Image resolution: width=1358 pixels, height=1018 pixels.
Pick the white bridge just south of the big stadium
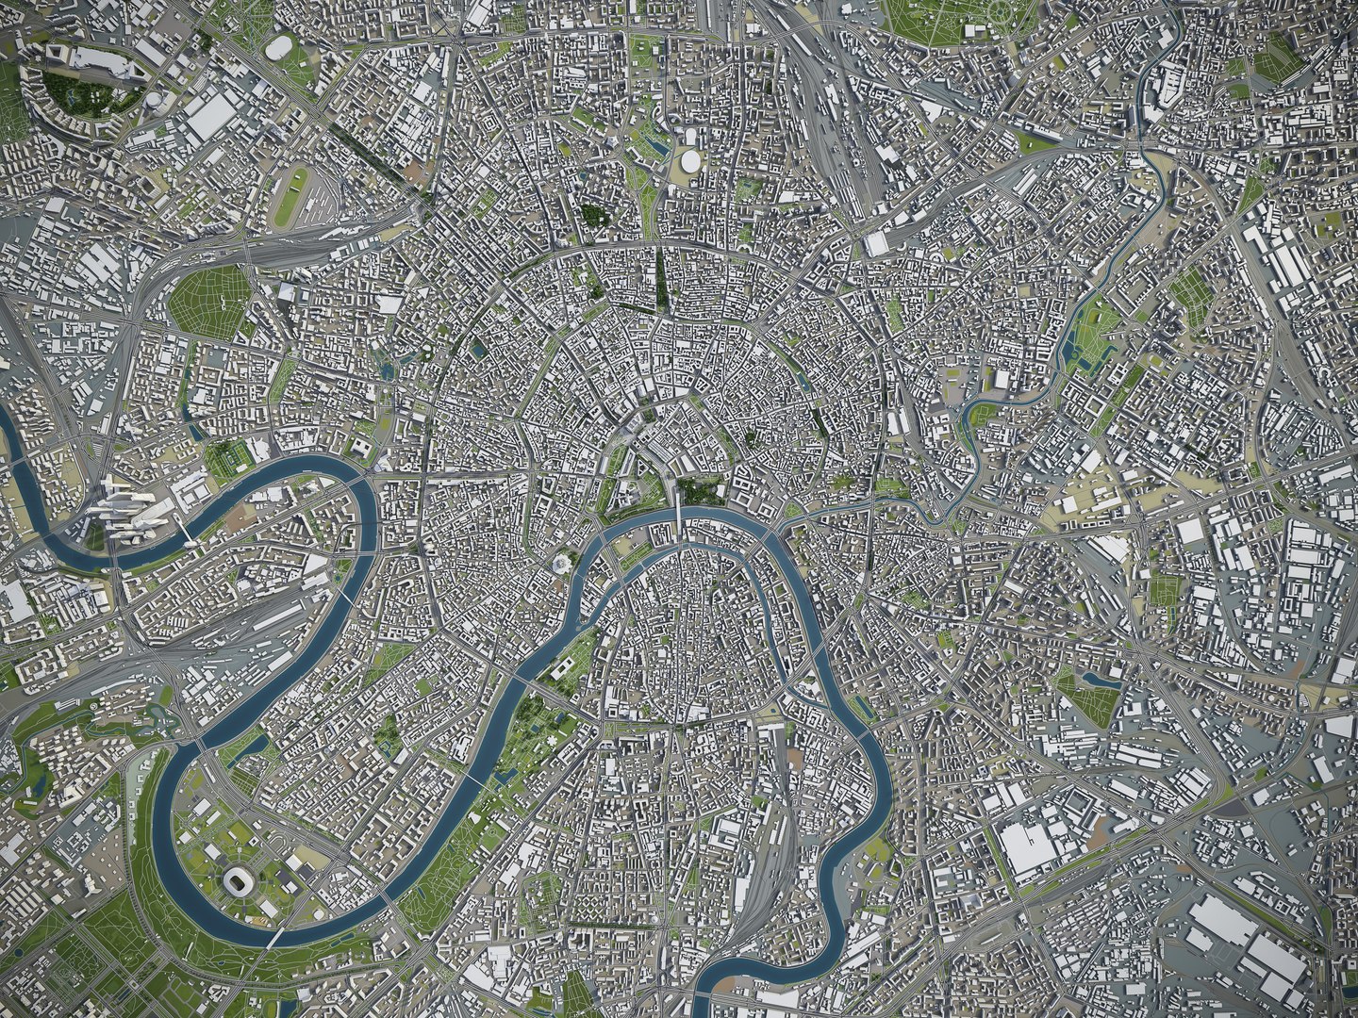pyautogui.click(x=273, y=937)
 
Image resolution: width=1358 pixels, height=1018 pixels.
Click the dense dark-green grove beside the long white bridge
pyautogui.click(x=701, y=490)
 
